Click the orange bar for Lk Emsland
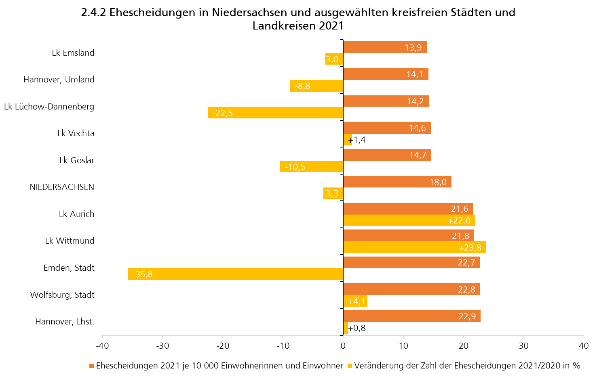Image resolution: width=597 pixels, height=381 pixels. [384, 47]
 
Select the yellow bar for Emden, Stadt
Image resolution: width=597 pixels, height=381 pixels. [235, 274]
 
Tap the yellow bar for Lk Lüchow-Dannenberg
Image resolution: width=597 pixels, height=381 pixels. [275, 113]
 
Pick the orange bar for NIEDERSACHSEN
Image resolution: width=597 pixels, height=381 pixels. [397, 182]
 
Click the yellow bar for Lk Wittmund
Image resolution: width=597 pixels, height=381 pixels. [414, 247]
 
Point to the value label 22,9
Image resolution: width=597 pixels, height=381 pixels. [467, 316]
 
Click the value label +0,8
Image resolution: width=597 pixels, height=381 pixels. [357, 328]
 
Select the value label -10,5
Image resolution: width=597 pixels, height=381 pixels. [295, 167]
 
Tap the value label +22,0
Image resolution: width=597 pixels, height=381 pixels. [459, 221]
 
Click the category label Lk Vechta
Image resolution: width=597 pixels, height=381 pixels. [76, 133]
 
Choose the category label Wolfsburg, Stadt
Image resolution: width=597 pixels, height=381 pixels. [62, 295]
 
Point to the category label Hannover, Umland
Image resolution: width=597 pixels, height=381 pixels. [59, 80]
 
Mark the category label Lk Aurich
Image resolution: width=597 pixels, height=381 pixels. [76, 214]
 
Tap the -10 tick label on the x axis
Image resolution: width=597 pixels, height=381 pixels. [283, 346]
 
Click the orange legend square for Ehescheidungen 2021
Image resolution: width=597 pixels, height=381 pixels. [92, 366]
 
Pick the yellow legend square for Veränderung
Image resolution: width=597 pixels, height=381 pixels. [350, 366]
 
